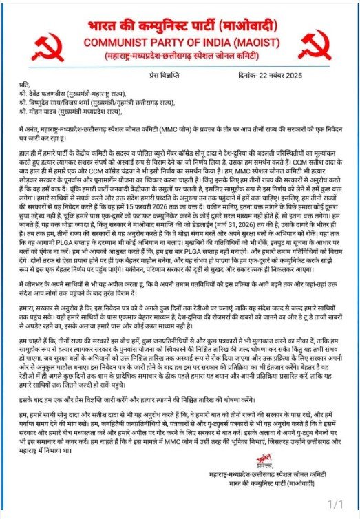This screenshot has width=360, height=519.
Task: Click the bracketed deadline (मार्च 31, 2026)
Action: (242, 204)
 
